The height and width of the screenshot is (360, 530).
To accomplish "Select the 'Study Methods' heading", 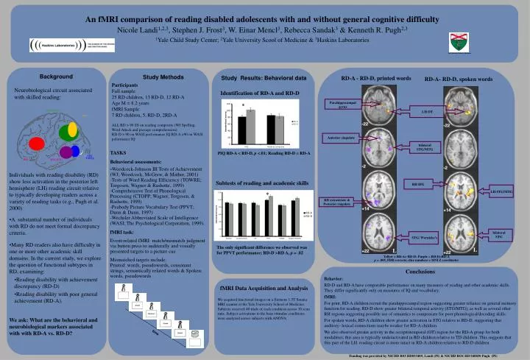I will coord(163,77).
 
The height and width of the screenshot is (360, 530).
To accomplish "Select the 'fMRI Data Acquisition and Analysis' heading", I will coord(263,288).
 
